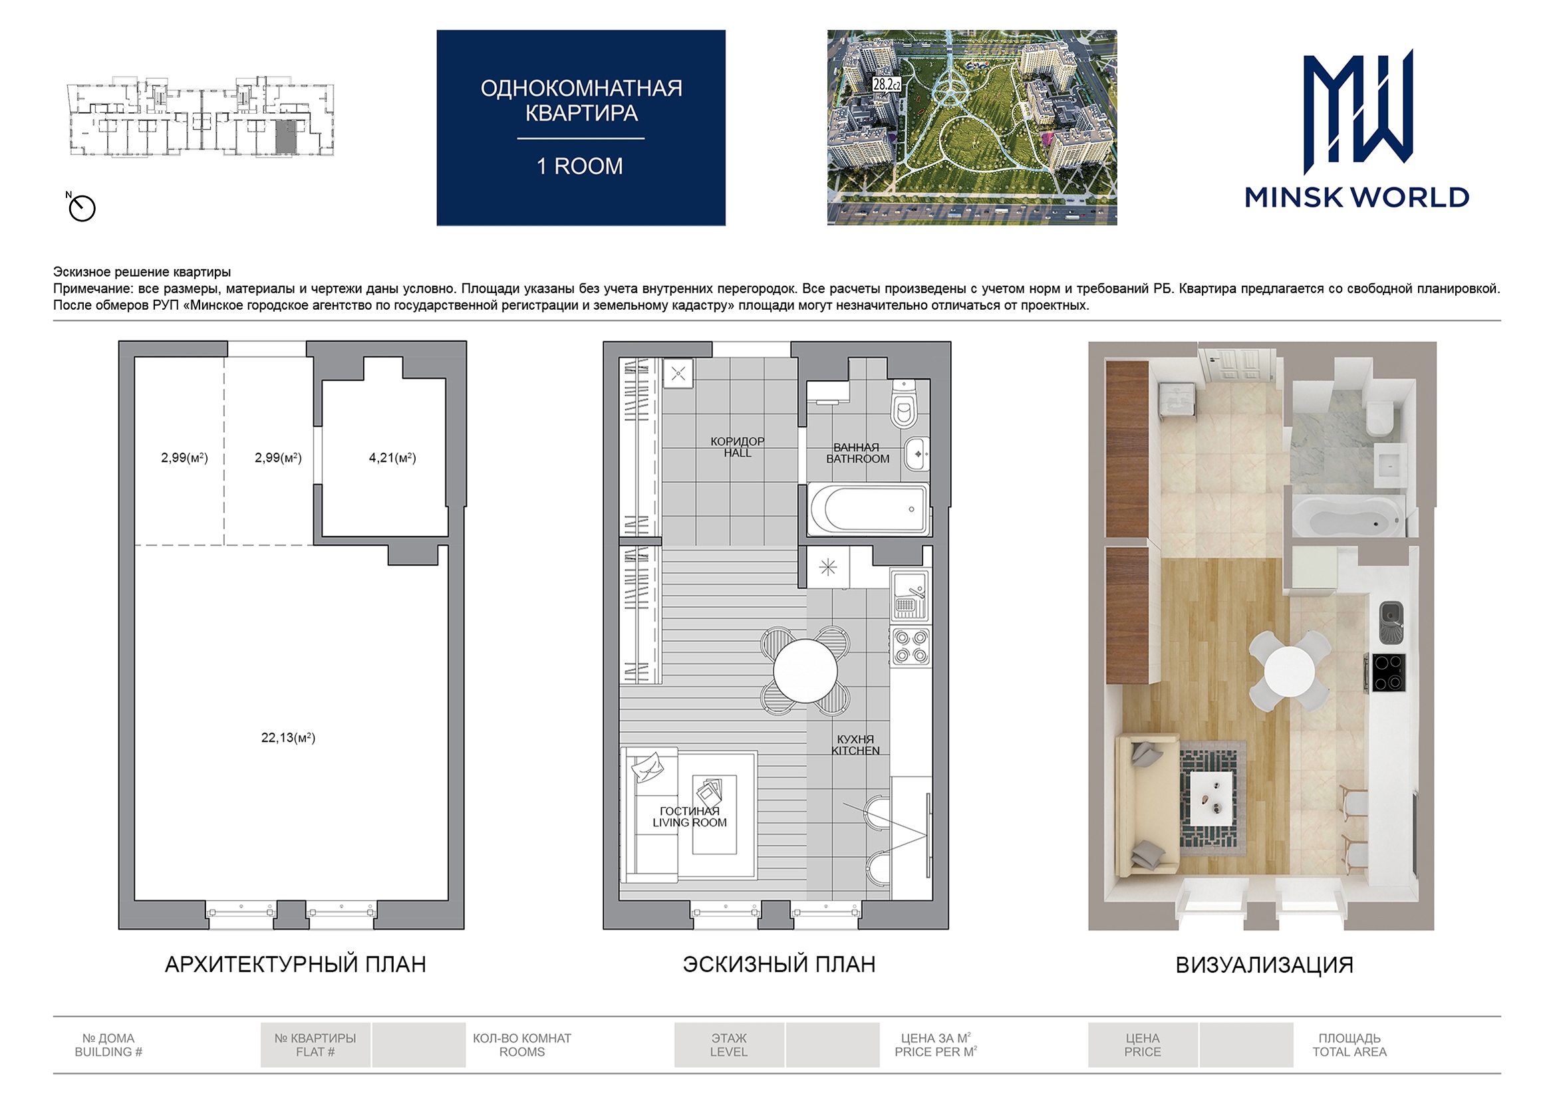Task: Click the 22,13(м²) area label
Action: tap(289, 737)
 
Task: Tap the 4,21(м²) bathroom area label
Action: tap(392, 457)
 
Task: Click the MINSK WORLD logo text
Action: tap(1357, 197)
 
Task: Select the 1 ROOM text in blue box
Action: tap(580, 166)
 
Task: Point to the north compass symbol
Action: tap(81, 207)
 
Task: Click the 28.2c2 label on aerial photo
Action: tap(887, 84)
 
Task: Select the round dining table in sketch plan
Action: tap(805, 670)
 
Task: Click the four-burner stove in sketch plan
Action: tap(911, 646)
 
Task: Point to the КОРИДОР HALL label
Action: tap(737, 447)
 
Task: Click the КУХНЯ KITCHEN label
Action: tap(855, 745)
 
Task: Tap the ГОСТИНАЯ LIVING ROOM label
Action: tap(690, 816)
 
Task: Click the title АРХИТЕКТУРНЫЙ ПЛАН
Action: tap(295, 964)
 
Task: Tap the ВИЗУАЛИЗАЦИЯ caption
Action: tap(1264, 965)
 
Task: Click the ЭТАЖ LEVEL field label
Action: tap(729, 1045)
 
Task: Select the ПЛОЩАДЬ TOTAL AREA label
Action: tap(1349, 1045)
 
